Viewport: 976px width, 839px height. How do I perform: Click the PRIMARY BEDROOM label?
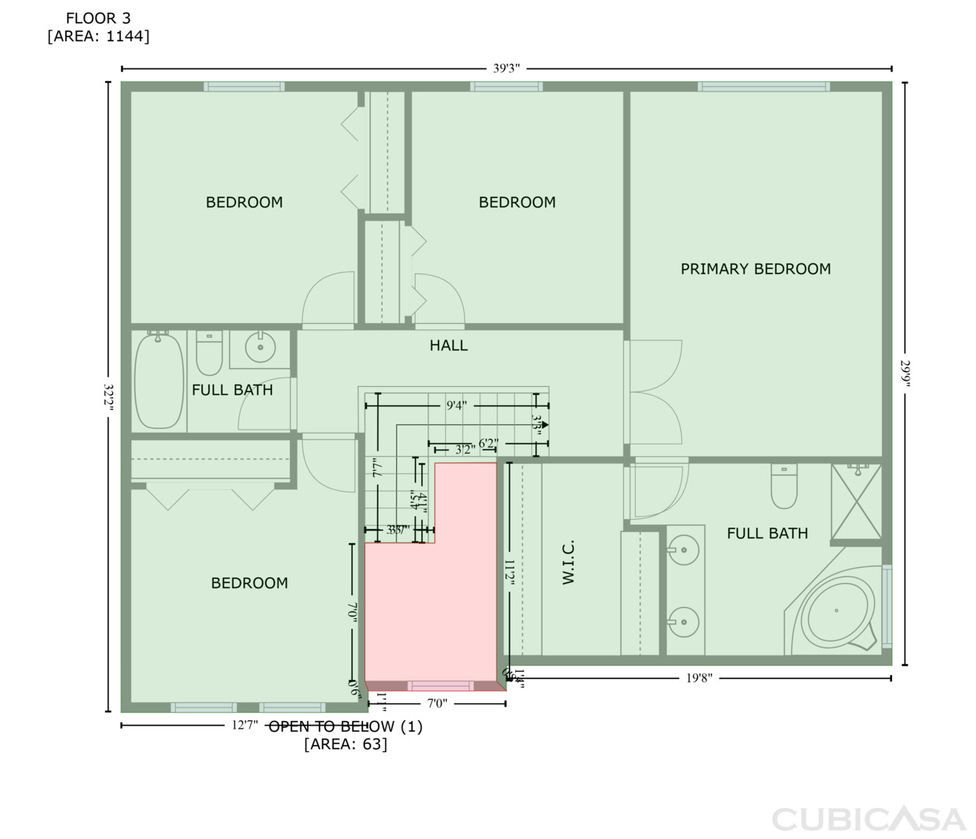[x=755, y=269]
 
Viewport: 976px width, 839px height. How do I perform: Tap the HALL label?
[x=448, y=345]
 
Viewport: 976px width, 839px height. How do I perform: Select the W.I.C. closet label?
[x=568, y=562]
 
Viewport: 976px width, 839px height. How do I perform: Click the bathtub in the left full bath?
[x=159, y=380]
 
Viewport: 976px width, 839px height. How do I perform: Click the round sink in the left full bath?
[x=260, y=346]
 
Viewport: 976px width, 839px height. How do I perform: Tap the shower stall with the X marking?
[x=856, y=501]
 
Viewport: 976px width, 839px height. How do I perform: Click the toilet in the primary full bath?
[x=783, y=486]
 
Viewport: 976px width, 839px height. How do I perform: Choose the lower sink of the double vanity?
[x=684, y=621]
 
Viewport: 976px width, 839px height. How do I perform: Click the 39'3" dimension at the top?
[x=506, y=68]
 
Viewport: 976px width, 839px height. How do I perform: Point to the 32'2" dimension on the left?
[x=109, y=397]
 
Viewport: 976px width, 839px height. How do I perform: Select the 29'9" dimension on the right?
[x=905, y=373]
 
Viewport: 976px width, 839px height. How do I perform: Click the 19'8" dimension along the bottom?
[x=699, y=677]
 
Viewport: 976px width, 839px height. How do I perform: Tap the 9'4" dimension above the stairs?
[x=456, y=405]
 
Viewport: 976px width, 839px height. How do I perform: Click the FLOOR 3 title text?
[x=98, y=18]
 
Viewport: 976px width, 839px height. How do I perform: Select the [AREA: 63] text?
[x=345, y=744]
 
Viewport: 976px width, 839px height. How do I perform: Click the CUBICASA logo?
[x=868, y=819]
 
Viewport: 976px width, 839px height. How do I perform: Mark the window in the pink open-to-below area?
[x=441, y=686]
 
